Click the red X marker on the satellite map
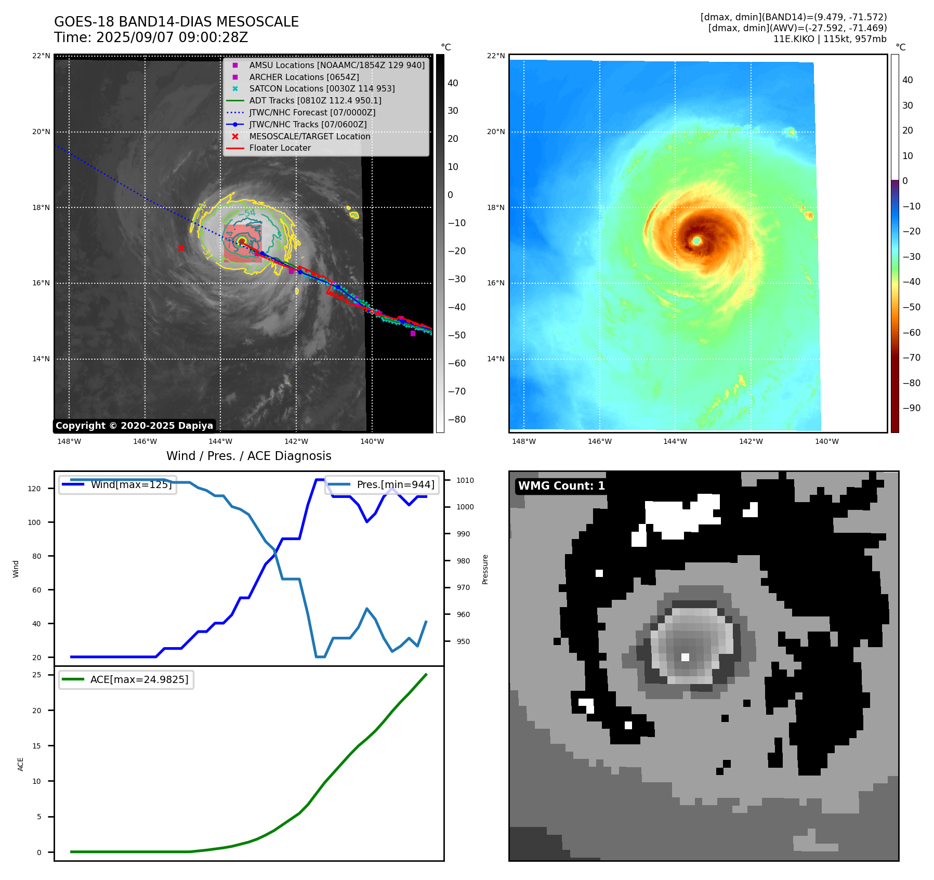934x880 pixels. coord(181,248)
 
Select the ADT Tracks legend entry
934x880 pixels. coord(315,100)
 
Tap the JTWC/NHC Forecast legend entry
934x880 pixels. coord(312,112)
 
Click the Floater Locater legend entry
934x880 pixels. coord(280,148)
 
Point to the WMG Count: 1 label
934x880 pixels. coord(561,486)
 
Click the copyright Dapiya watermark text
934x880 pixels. coord(134,426)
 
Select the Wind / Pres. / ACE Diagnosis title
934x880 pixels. coord(248,456)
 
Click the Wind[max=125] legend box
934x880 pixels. coord(117,485)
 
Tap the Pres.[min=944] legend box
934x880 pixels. coord(382,485)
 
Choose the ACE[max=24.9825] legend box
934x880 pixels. coord(126,680)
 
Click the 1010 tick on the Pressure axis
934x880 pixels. coord(465,480)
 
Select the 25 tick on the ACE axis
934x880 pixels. coord(36,675)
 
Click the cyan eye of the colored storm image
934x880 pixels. coord(696,241)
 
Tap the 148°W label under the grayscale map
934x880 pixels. coord(69,441)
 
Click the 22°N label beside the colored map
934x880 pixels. coord(496,56)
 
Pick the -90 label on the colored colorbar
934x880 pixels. coord(911,408)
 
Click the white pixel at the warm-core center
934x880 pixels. coord(685,657)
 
